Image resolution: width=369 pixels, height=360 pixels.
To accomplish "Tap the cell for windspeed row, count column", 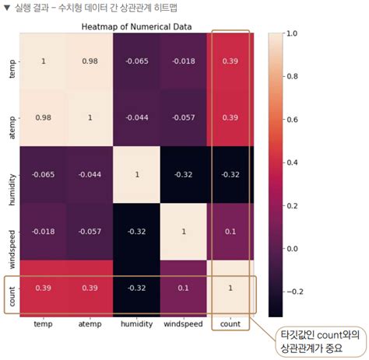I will [x=230, y=232].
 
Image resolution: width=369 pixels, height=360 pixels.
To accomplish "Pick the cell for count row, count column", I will [x=230, y=288].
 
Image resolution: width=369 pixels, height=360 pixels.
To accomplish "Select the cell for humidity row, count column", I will [x=230, y=175].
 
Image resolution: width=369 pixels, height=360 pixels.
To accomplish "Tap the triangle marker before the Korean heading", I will [x=7, y=9].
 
